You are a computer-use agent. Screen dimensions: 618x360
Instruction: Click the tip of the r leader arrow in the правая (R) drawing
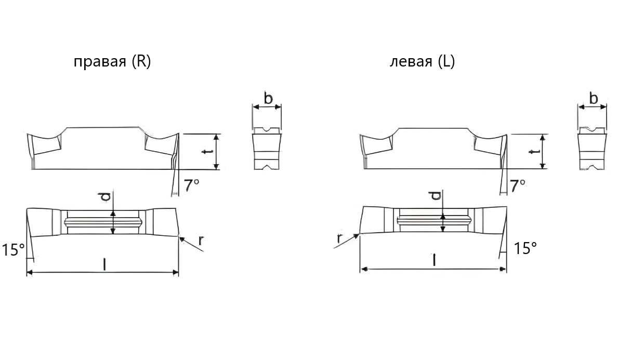[x=179, y=237]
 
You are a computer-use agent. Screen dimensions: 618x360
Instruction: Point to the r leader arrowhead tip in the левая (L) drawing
[x=360, y=234]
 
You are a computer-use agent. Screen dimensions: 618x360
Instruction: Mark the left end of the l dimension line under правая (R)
[x=27, y=272]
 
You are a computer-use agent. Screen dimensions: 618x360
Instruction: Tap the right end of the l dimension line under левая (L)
[x=506, y=269]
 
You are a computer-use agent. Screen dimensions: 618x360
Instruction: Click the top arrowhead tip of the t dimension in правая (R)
[x=216, y=135]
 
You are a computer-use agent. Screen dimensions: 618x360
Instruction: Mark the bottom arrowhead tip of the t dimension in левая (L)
[x=543, y=169]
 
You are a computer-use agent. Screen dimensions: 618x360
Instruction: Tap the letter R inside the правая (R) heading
[x=141, y=61]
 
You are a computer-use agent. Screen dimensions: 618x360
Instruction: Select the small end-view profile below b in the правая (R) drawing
[x=267, y=149]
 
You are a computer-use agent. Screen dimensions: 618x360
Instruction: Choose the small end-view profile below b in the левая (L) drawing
[x=592, y=149]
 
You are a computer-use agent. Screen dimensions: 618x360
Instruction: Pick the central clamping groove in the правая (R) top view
[x=103, y=222]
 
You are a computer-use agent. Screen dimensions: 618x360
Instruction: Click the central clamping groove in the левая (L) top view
[x=434, y=220]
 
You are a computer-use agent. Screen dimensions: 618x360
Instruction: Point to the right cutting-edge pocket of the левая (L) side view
[x=489, y=144]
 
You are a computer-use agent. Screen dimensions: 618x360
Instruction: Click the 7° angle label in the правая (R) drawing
[x=192, y=185]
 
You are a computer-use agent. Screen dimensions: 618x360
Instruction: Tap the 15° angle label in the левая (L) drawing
[x=525, y=248]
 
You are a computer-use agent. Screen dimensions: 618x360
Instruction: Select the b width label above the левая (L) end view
[x=594, y=98]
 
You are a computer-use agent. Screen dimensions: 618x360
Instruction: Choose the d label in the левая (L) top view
[x=436, y=195]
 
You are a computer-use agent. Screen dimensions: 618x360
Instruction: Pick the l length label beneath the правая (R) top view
[x=104, y=264]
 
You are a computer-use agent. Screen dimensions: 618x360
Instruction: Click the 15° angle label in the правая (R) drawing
[x=14, y=250]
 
